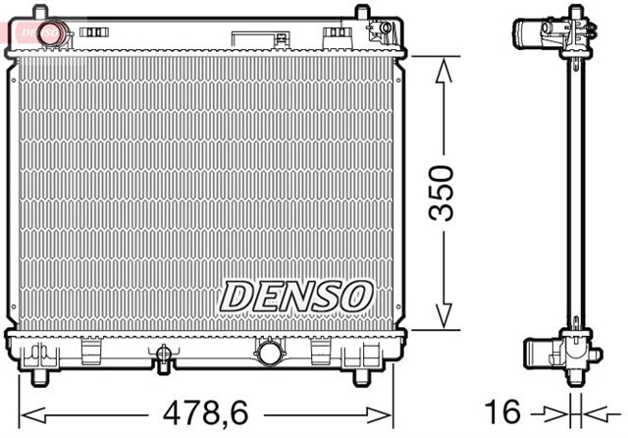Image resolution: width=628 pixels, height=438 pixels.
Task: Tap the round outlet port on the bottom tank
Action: [268, 352]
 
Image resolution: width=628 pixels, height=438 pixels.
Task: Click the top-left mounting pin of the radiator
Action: [40, 12]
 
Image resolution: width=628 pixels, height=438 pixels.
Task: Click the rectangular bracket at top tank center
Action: [258, 38]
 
